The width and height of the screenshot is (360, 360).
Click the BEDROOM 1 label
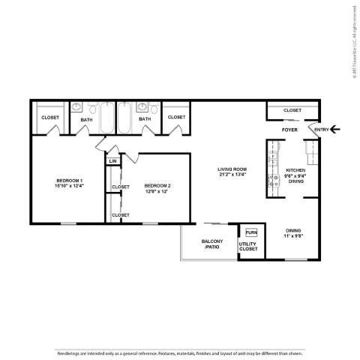69,181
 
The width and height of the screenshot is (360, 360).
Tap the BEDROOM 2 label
157,185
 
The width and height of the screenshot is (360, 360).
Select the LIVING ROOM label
232,169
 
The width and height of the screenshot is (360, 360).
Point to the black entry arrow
336,129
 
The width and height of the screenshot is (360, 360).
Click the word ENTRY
321,130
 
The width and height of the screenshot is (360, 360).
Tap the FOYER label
289,130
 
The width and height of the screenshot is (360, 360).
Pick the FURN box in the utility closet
251,232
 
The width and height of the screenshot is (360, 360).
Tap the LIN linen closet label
112,161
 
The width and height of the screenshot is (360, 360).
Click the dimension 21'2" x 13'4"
232,176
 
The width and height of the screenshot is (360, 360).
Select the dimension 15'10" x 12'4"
69,187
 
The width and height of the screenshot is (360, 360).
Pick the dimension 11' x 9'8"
293,237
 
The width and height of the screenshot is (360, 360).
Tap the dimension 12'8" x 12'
157,191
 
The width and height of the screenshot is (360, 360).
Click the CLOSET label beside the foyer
292,111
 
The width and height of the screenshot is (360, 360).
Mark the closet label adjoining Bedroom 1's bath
49,118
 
